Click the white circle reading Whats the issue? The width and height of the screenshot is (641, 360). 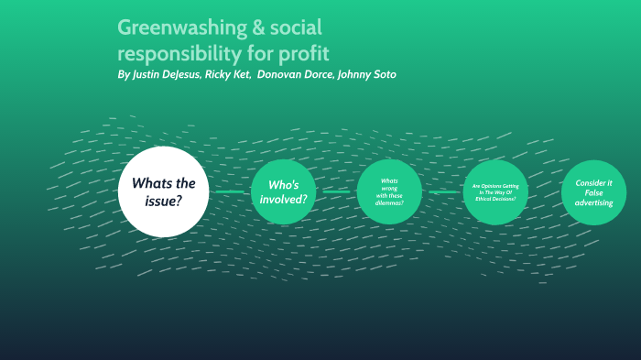click(x=164, y=191)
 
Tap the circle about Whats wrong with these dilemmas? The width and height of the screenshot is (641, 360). click(x=389, y=192)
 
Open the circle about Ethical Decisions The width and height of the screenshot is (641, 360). click(x=495, y=192)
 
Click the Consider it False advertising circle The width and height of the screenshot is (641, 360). click(x=593, y=192)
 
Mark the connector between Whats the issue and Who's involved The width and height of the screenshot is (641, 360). click(x=230, y=192)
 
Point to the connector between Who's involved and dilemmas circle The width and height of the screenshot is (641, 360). click(x=336, y=192)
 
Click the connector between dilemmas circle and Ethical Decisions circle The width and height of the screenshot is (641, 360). click(x=443, y=192)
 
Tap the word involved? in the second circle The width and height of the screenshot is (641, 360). click(x=283, y=199)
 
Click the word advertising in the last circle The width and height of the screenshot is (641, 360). click(x=593, y=203)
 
